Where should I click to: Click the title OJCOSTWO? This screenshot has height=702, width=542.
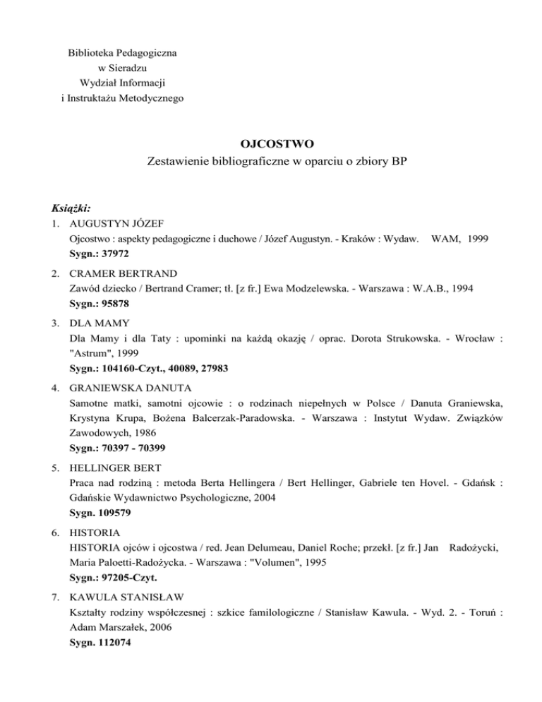point(270,144)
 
